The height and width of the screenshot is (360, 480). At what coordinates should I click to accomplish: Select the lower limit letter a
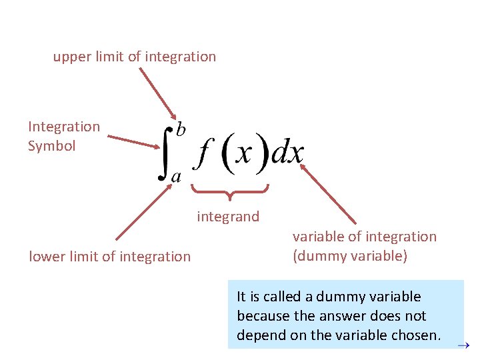click(177, 177)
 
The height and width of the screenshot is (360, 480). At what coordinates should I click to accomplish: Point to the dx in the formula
click(288, 155)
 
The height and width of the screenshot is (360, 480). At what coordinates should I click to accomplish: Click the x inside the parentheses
click(244, 155)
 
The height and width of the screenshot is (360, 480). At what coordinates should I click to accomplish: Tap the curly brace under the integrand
click(230, 191)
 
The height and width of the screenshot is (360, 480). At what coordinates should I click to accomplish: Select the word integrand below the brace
click(228, 217)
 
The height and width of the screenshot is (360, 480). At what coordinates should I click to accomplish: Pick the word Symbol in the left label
click(51, 146)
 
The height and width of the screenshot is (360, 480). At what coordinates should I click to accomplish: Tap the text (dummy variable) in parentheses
click(350, 256)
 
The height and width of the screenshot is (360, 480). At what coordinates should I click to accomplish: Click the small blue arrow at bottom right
click(465, 345)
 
